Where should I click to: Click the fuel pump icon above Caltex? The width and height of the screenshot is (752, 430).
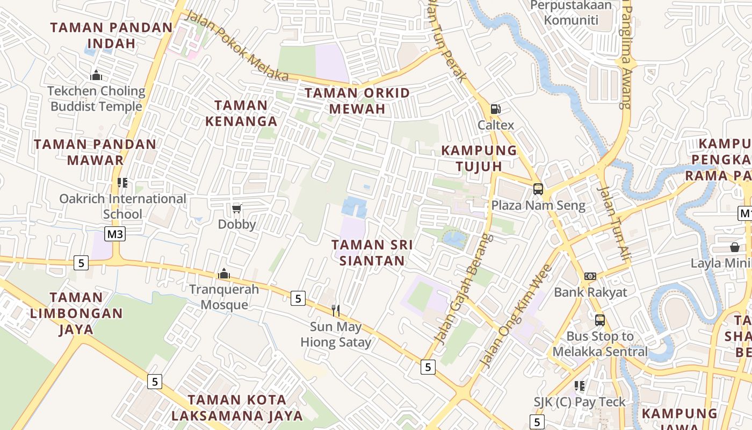coord(495,109)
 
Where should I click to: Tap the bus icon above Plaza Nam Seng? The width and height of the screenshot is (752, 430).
coord(538,189)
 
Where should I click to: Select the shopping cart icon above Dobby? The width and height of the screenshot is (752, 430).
coord(236,209)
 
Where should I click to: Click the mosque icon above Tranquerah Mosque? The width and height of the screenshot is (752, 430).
coord(224,274)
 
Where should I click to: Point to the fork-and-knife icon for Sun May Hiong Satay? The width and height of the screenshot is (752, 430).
coord(336,310)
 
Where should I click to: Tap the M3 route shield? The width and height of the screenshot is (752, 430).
coord(115,234)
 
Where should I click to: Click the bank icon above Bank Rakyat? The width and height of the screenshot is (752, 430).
coord(590,276)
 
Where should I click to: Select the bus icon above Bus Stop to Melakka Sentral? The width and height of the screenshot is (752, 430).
coord(599,320)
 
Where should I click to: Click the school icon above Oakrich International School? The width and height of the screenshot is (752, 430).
coord(122,183)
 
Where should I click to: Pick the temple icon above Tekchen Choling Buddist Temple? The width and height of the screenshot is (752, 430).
coord(97,75)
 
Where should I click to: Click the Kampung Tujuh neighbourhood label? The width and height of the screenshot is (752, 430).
coord(479,158)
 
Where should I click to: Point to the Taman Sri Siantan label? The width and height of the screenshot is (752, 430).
coord(372,253)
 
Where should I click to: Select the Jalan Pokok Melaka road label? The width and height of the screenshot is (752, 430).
coord(236,46)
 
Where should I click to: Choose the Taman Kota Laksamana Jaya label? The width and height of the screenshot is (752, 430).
coord(237,407)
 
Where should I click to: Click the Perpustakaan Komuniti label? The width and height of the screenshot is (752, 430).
coord(571,13)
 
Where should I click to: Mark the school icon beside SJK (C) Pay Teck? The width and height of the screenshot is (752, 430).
coord(579,386)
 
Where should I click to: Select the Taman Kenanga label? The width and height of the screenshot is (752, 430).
coord(241,113)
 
